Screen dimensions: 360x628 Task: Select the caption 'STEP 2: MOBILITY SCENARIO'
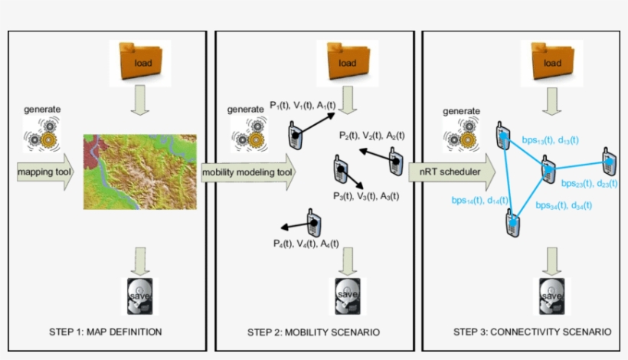click(313, 332)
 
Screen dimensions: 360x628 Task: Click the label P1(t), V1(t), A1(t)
click(306, 105)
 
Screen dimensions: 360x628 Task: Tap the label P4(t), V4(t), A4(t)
click(306, 243)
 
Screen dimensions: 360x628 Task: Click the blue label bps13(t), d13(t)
click(549, 139)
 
